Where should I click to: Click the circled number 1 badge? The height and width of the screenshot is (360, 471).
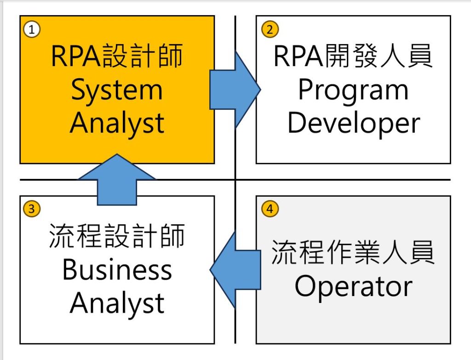pyautogui.click(x=32, y=29)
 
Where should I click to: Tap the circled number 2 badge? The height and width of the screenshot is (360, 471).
pyautogui.click(x=270, y=29)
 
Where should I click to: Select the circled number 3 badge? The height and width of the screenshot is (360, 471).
pyautogui.click(x=32, y=208)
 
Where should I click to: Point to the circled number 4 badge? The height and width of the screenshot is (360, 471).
pyautogui.click(x=270, y=208)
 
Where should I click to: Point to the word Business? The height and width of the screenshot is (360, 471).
pyautogui.click(x=117, y=269)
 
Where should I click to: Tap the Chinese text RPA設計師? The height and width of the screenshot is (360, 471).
pyautogui.click(x=117, y=56)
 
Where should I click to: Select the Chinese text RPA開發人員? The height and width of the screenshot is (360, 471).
pyautogui.click(x=353, y=56)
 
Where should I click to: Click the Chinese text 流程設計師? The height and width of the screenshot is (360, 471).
pyautogui.click(x=117, y=236)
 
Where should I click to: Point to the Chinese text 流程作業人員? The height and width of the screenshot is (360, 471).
pyautogui.click(x=353, y=252)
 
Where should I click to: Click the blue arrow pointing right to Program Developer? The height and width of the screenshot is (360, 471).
pyautogui.click(x=235, y=90)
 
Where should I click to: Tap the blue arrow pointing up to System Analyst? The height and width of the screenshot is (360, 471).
pyautogui.click(x=117, y=180)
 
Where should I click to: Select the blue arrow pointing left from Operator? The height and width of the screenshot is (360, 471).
pyautogui.click(x=235, y=269)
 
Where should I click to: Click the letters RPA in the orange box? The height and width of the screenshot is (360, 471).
pyautogui.click(x=75, y=56)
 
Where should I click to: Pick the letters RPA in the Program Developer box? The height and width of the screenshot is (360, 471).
pyautogui.click(x=298, y=56)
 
